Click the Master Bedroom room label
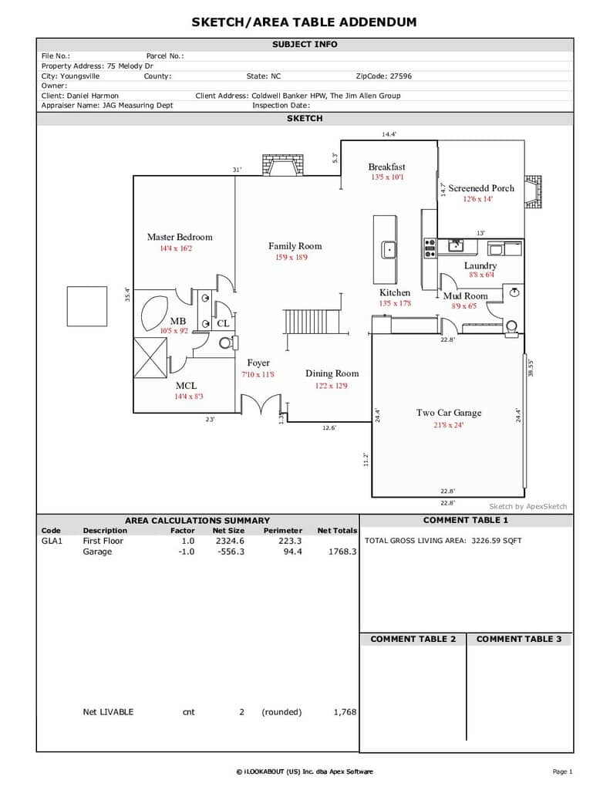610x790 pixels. (x=180, y=237)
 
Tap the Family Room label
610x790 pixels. (x=295, y=246)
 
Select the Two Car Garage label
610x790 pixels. (x=449, y=413)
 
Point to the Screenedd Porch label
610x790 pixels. (x=481, y=188)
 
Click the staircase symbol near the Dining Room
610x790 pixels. (x=305, y=322)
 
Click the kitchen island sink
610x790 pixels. (x=389, y=249)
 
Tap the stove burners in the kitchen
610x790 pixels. (x=430, y=248)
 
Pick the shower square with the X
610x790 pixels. (x=150, y=358)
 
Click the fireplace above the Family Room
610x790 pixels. (x=283, y=165)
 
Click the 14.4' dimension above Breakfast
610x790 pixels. (x=389, y=134)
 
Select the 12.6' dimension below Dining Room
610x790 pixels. (x=329, y=427)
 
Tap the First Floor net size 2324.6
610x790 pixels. (x=231, y=541)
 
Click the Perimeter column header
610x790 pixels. (x=282, y=531)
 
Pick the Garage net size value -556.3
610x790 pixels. (x=231, y=552)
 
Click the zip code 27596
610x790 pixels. (x=400, y=76)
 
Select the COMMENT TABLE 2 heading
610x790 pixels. (x=413, y=639)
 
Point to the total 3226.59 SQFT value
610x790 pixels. (x=497, y=541)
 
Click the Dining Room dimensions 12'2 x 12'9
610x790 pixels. (x=331, y=386)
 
